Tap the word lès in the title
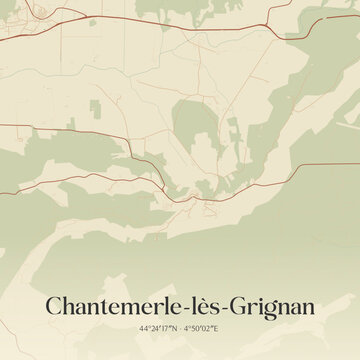coord(217,304)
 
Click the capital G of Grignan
coord(246,304)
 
